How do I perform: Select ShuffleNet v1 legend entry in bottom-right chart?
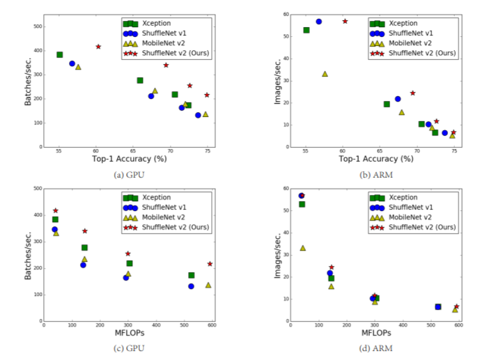407,208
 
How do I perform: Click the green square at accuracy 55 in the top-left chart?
59,54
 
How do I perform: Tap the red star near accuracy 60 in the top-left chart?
98,47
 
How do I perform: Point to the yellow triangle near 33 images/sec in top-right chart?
325,73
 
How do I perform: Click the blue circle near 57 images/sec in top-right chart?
319,22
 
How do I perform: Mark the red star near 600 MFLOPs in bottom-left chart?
210,264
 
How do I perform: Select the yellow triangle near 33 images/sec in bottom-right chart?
302,248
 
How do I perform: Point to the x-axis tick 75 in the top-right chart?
453,151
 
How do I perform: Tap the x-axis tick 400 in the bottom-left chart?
155,325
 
